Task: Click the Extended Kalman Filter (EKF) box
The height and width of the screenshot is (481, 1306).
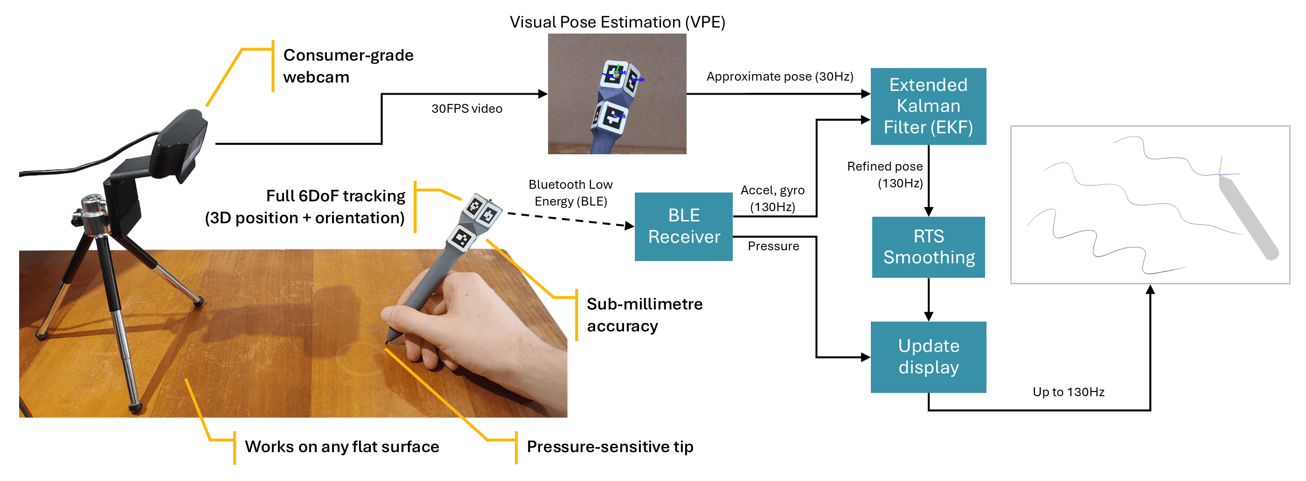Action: pos(928,106)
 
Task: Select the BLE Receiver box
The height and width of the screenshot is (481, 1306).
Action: pos(683,226)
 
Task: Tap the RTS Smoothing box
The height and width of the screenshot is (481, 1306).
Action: pos(928,247)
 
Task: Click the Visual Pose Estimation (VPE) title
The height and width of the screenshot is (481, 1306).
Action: pos(617,22)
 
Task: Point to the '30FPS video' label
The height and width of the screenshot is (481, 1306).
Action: pos(466,109)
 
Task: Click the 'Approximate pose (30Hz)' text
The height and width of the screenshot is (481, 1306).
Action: pos(779,76)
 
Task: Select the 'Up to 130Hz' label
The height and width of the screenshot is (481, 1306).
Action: pos(1068,392)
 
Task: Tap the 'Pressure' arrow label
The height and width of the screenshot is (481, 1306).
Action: pos(773,247)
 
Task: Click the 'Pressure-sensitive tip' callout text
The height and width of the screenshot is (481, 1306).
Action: pos(610,447)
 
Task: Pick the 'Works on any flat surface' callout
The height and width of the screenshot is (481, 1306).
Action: pos(342,447)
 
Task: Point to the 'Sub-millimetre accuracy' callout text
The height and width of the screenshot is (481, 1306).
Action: pos(644,315)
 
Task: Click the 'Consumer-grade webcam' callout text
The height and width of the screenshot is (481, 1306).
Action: pos(348,66)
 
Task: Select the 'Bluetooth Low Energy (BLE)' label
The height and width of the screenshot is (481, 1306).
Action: pos(570,192)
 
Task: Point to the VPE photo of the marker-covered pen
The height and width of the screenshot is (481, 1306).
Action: pos(617,94)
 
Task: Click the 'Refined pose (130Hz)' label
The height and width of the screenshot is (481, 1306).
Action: pos(885,174)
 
